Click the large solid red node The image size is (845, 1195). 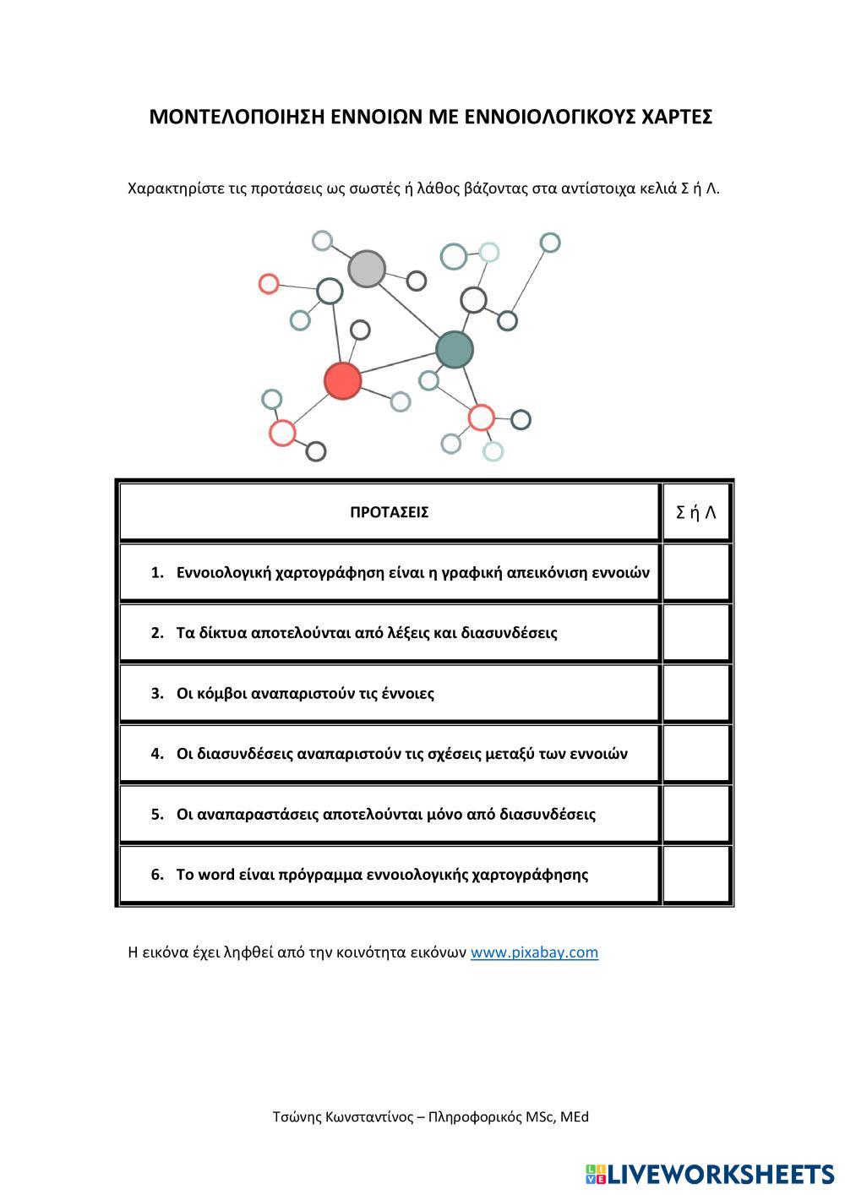[x=343, y=380]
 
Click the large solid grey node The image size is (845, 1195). [x=367, y=269]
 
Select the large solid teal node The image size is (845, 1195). [x=455, y=349]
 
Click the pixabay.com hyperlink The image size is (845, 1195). [x=534, y=952]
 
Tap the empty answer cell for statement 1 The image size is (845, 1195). [x=696, y=572]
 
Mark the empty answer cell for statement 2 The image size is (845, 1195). [x=696, y=633]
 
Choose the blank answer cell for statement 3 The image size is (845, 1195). [x=696, y=693]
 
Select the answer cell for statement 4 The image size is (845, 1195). [x=696, y=754]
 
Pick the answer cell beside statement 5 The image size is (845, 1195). [x=696, y=814]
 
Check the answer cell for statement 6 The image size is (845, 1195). [x=696, y=875]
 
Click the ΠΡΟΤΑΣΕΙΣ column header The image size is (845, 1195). [x=389, y=512]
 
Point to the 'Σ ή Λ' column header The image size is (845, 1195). [x=696, y=512]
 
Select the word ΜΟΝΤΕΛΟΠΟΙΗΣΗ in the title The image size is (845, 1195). [x=226, y=117]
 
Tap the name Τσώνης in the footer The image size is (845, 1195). [x=296, y=1117]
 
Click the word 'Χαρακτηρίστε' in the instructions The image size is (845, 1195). [x=176, y=188]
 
